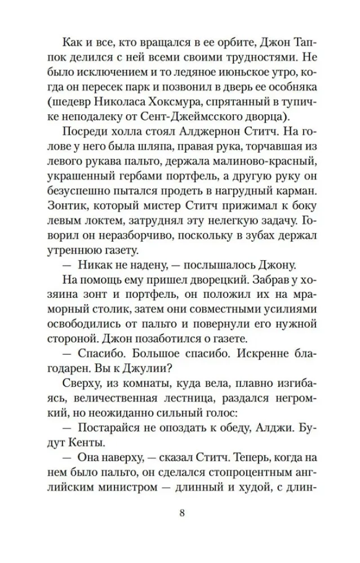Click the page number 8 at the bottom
pos(180,513)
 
